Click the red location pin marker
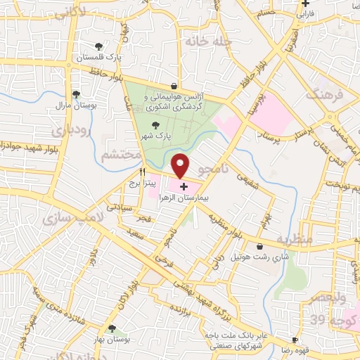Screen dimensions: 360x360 (x=181, y=166)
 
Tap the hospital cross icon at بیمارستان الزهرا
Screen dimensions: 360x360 (x=184, y=186)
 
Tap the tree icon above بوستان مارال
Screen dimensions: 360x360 (x=76, y=96)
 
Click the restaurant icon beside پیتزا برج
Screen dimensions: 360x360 (x=143, y=171)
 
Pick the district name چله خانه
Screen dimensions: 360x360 (x=208, y=41)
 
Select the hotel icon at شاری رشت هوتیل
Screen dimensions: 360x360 (x=260, y=247)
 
